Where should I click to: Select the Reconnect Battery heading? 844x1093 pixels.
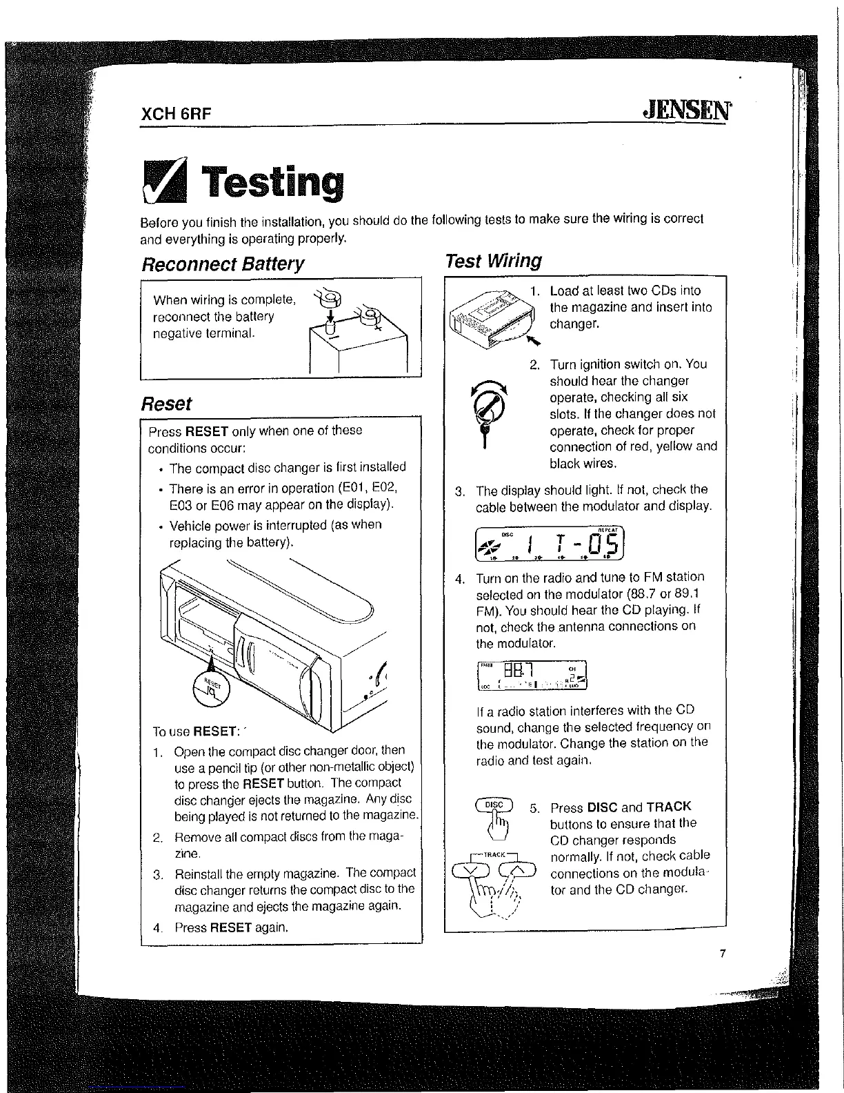click(222, 264)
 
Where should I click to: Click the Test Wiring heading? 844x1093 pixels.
click(493, 261)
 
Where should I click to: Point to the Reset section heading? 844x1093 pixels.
click(166, 404)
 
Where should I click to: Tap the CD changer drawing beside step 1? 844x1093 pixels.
click(491, 318)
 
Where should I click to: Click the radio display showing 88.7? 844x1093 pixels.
click(532, 676)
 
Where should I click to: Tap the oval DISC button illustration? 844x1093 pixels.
click(494, 805)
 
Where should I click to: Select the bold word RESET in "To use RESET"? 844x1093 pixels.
click(216, 731)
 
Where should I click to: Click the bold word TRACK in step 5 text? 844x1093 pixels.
click(668, 807)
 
